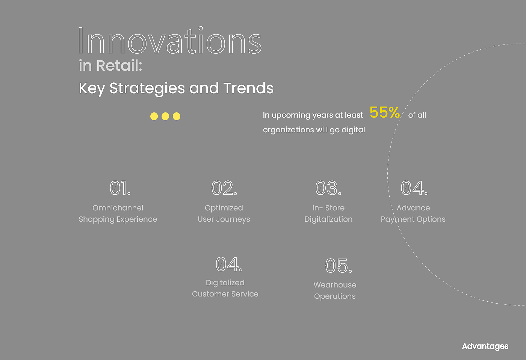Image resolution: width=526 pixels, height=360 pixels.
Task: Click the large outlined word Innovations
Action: [170, 40]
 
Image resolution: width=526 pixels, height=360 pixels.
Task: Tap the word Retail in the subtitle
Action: [119, 65]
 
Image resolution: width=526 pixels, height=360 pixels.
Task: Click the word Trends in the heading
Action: [248, 88]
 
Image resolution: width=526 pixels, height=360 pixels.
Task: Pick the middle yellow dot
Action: [165, 116]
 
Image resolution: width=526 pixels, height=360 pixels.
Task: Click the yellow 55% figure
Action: [385, 112]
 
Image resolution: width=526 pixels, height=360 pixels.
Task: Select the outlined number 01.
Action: [120, 188]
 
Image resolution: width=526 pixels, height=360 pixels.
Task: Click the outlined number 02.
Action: [224, 188]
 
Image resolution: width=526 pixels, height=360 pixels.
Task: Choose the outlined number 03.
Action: [328, 188]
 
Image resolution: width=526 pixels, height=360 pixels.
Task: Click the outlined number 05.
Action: [339, 266]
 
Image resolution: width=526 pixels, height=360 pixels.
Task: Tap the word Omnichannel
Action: [118, 208]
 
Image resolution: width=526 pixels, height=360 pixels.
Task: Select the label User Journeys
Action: [224, 219]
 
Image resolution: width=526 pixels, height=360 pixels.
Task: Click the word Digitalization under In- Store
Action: [328, 219]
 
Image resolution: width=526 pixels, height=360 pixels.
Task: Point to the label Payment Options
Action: [413, 219]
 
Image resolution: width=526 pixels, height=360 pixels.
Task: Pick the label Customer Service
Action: [225, 294]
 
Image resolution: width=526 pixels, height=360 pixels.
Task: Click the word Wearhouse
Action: [335, 285]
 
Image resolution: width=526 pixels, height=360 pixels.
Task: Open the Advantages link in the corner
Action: [485, 346]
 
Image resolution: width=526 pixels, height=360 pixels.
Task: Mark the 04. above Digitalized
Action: [229, 264]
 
